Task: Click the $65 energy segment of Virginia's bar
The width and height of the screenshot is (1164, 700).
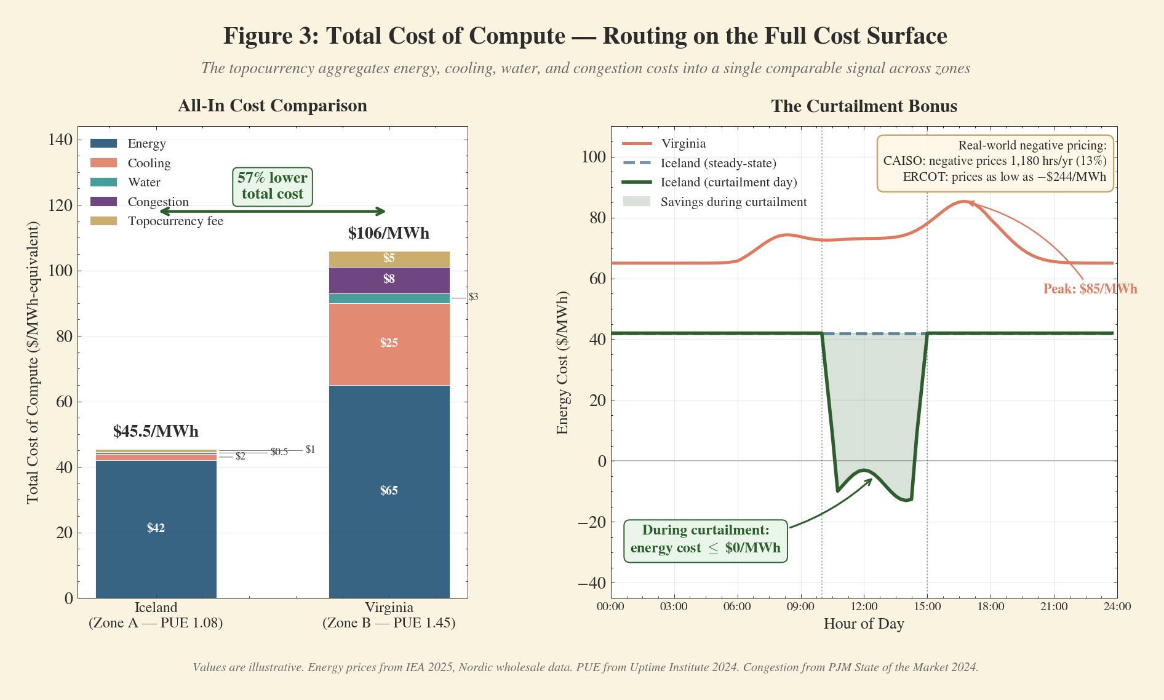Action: [389, 491]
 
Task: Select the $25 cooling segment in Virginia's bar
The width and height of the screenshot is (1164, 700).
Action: [389, 343]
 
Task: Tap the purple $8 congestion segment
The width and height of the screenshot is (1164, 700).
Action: [389, 280]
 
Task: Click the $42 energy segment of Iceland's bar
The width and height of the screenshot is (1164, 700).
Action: [156, 528]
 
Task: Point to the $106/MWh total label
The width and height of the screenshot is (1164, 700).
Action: [388, 234]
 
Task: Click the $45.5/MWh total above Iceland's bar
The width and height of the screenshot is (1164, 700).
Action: [156, 431]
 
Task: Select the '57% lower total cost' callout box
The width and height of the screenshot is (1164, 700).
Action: [272, 186]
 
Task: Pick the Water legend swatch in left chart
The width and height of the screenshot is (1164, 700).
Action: [103, 182]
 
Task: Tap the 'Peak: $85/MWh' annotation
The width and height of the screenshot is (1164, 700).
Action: [1090, 289]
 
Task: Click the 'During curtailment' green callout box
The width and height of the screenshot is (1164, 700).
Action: [705, 539]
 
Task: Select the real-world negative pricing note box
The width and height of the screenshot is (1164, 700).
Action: [995, 162]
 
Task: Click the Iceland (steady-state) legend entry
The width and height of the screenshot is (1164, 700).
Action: [718, 163]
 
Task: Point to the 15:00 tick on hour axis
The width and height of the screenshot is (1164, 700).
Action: [927, 607]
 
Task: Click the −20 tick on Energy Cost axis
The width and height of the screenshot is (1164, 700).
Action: [591, 522]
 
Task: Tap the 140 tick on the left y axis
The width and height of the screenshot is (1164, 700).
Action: [60, 140]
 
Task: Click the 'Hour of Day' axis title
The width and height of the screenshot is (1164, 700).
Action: [863, 624]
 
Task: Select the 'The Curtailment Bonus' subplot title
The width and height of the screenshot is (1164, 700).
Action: [864, 106]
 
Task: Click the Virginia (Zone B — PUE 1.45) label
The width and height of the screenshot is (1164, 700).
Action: [389, 615]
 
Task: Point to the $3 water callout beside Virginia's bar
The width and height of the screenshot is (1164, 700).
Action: [473, 297]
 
